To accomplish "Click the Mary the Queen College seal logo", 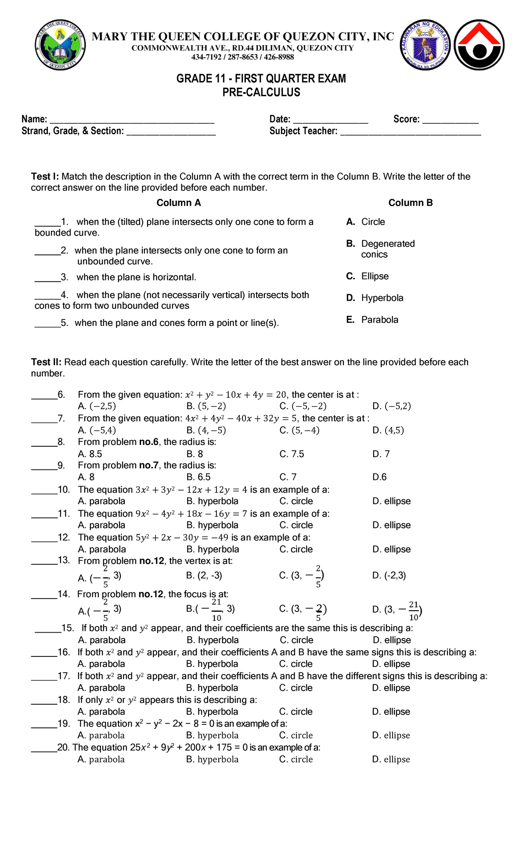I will click(x=60, y=45).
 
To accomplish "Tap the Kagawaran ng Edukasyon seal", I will click(x=425, y=45).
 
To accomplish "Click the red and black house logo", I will click(x=479, y=45).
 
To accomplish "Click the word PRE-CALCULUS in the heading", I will click(x=261, y=93).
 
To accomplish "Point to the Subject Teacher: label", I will click(x=303, y=131).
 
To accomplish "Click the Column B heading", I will click(x=410, y=203).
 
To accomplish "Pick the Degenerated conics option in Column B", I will click(x=381, y=249).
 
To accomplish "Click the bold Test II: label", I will click(x=46, y=362).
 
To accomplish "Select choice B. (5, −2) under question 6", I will click(x=206, y=406).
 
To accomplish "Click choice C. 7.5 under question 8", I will click(x=292, y=454).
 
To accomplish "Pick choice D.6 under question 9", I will click(x=379, y=477).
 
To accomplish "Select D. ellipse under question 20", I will click(x=391, y=760).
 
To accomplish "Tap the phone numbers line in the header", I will click(x=242, y=57).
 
